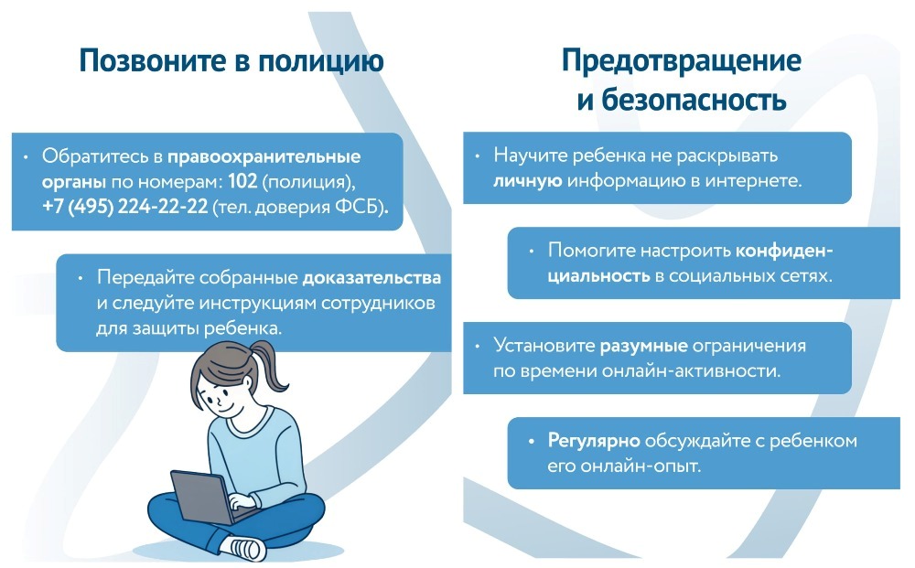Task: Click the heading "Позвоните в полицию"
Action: pos(231,61)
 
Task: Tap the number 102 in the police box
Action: pos(242,181)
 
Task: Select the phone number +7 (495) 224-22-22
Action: pos(124,207)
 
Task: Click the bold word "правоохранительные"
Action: pos(264,157)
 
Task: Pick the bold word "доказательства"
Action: pos(371,277)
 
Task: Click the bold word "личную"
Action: pos(528,181)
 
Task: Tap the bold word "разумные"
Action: pos(643,346)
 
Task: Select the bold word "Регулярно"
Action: pos(594,442)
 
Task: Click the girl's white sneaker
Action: pos(247,548)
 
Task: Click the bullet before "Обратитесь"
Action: pos(25,157)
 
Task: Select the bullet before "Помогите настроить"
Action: pos(531,252)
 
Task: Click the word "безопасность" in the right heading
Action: pos(694,101)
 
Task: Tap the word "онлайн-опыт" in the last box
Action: pos(623,466)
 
